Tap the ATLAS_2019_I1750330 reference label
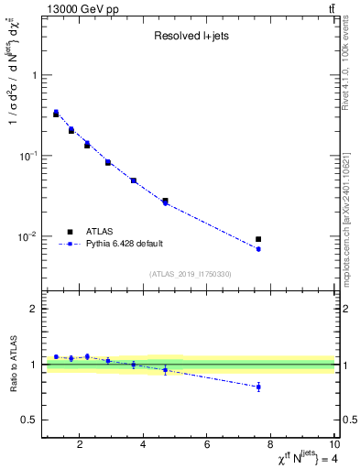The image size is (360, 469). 190,274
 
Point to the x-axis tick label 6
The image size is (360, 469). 207,446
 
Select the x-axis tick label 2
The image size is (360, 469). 81,446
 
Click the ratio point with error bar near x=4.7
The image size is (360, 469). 165,370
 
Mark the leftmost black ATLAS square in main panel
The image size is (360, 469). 56,114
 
